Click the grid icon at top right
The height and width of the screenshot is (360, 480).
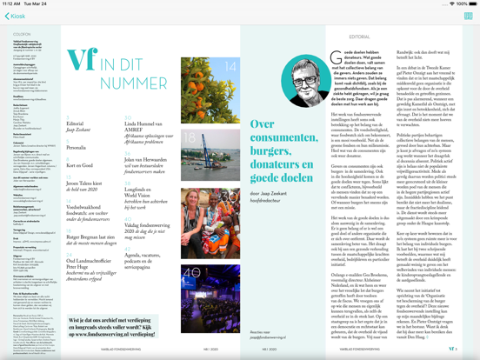(468, 16)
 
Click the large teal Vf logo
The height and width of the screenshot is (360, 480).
(81, 60)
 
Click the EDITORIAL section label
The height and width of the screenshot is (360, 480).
(359, 37)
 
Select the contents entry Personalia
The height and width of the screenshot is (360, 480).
(77, 148)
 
